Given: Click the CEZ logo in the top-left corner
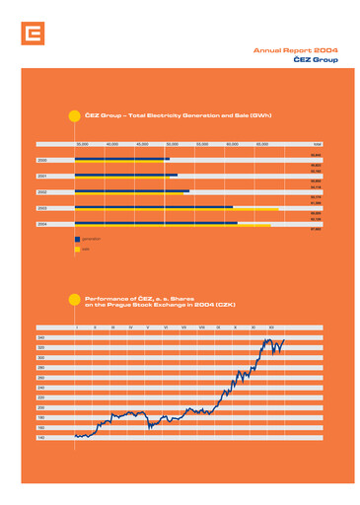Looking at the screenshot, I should click(34, 36).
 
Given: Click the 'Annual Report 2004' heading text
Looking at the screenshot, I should click(295, 49).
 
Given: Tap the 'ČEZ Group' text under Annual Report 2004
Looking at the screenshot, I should click(316, 59).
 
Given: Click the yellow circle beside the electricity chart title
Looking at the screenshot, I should click(74, 116).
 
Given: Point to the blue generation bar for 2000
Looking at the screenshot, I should click(121, 158).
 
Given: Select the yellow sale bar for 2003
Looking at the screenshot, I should click(178, 209).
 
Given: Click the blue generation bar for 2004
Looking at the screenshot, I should click(156, 223).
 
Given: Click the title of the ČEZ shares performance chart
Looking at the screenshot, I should click(163, 301).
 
